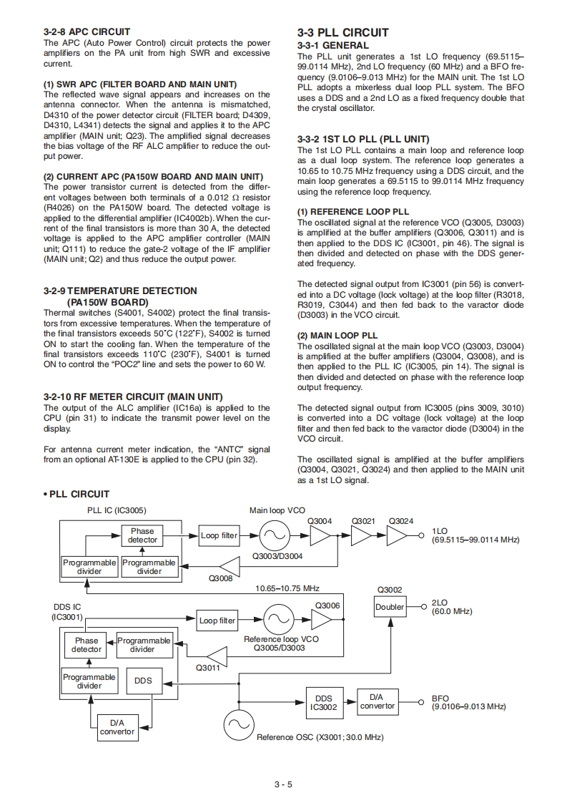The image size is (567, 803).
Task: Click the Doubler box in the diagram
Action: [390, 608]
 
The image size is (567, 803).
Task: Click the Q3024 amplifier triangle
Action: [396, 535]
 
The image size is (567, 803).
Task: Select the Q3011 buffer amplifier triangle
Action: [217, 654]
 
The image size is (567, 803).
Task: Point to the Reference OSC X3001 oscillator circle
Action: [236, 726]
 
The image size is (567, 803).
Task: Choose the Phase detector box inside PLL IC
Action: [142, 535]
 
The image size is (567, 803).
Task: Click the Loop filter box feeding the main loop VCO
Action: [220, 535]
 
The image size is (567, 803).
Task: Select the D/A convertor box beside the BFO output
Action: [377, 701]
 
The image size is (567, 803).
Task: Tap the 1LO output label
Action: [440, 530]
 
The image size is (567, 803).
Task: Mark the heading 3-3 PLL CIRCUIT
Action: [342, 32]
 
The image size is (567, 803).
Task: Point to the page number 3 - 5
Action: [283, 784]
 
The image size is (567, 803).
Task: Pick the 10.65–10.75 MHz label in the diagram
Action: [287, 588]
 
